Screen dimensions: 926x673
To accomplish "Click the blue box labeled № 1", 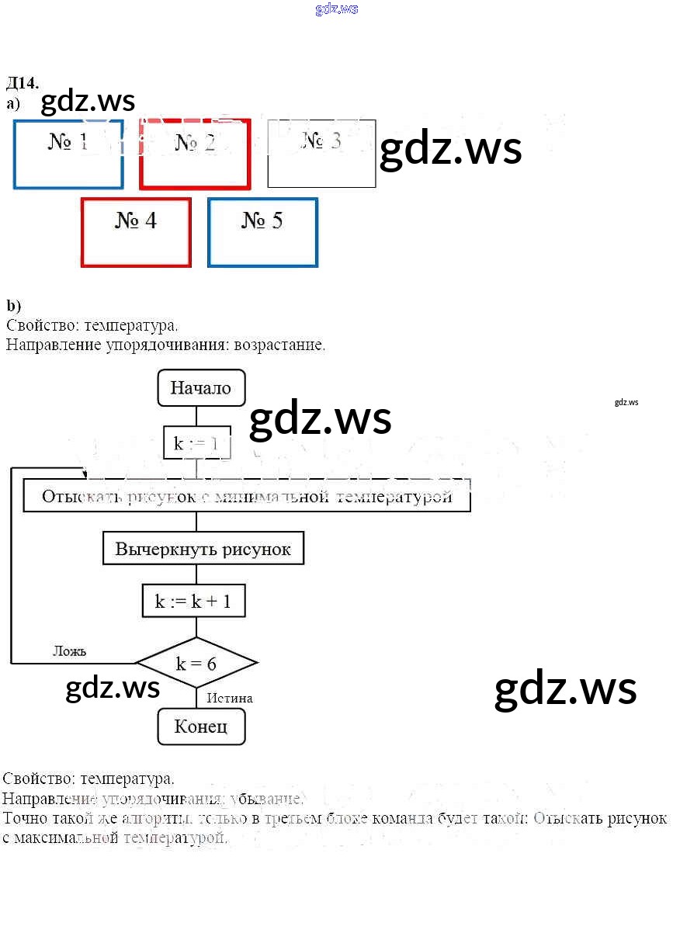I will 68,154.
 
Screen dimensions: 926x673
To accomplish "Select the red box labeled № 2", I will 195,154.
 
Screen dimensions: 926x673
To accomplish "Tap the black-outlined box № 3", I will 321,154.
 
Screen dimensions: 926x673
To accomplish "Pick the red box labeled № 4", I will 136,232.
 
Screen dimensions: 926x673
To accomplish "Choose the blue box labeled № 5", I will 262,232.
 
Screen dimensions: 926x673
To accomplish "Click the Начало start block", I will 201,387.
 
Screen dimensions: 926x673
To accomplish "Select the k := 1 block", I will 196,443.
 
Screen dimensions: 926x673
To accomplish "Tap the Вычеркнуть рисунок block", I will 203,550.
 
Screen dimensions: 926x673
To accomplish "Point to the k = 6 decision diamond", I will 196,663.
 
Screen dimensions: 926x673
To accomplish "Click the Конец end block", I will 201,727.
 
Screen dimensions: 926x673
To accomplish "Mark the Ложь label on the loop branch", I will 69,650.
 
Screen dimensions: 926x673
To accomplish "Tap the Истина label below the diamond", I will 230,698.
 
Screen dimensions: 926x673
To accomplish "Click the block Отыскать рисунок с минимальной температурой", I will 247,496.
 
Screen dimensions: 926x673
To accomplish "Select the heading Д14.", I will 22,83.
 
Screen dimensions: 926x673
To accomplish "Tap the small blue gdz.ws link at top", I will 337,9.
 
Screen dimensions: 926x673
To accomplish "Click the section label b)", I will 13,305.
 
